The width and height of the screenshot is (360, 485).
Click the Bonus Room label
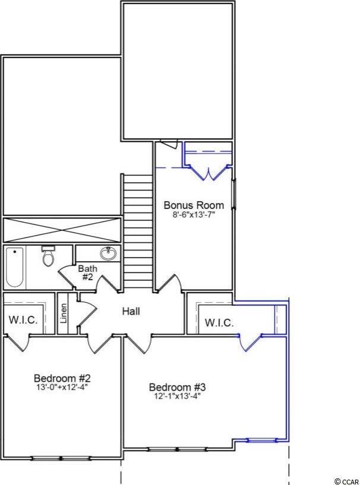click(x=194, y=205)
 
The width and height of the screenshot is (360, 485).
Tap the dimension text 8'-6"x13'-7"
click(x=194, y=215)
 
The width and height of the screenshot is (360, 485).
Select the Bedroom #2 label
click(x=62, y=378)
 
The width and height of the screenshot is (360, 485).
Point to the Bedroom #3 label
click(x=178, y=387)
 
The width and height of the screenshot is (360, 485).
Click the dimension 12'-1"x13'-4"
click(x=178, y=396)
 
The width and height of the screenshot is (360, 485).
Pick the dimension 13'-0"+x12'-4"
click(x=62, y=387)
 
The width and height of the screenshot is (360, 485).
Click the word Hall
click(x=131, y=311)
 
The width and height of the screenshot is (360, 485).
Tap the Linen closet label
click(x=64, y=313)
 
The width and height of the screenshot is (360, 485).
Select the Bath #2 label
click(x=87, y=272)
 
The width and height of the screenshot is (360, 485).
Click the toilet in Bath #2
click(x=48, y=256)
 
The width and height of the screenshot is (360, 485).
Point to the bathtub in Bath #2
click(x=14, y=267)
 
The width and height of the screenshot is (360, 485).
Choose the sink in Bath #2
click(x=108, y=253)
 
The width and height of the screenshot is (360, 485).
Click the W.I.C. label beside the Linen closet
click(x=23, y=320)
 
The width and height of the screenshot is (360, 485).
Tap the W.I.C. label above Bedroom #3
click(x=219, y=323)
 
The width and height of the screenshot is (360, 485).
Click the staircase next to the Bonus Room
click(x=137, y=231)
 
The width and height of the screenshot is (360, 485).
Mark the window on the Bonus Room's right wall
click(x=234, y=194)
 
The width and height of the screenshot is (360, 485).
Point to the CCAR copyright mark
click(x=346, y=481)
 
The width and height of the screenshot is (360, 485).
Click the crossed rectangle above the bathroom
click(x=62, y=230)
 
